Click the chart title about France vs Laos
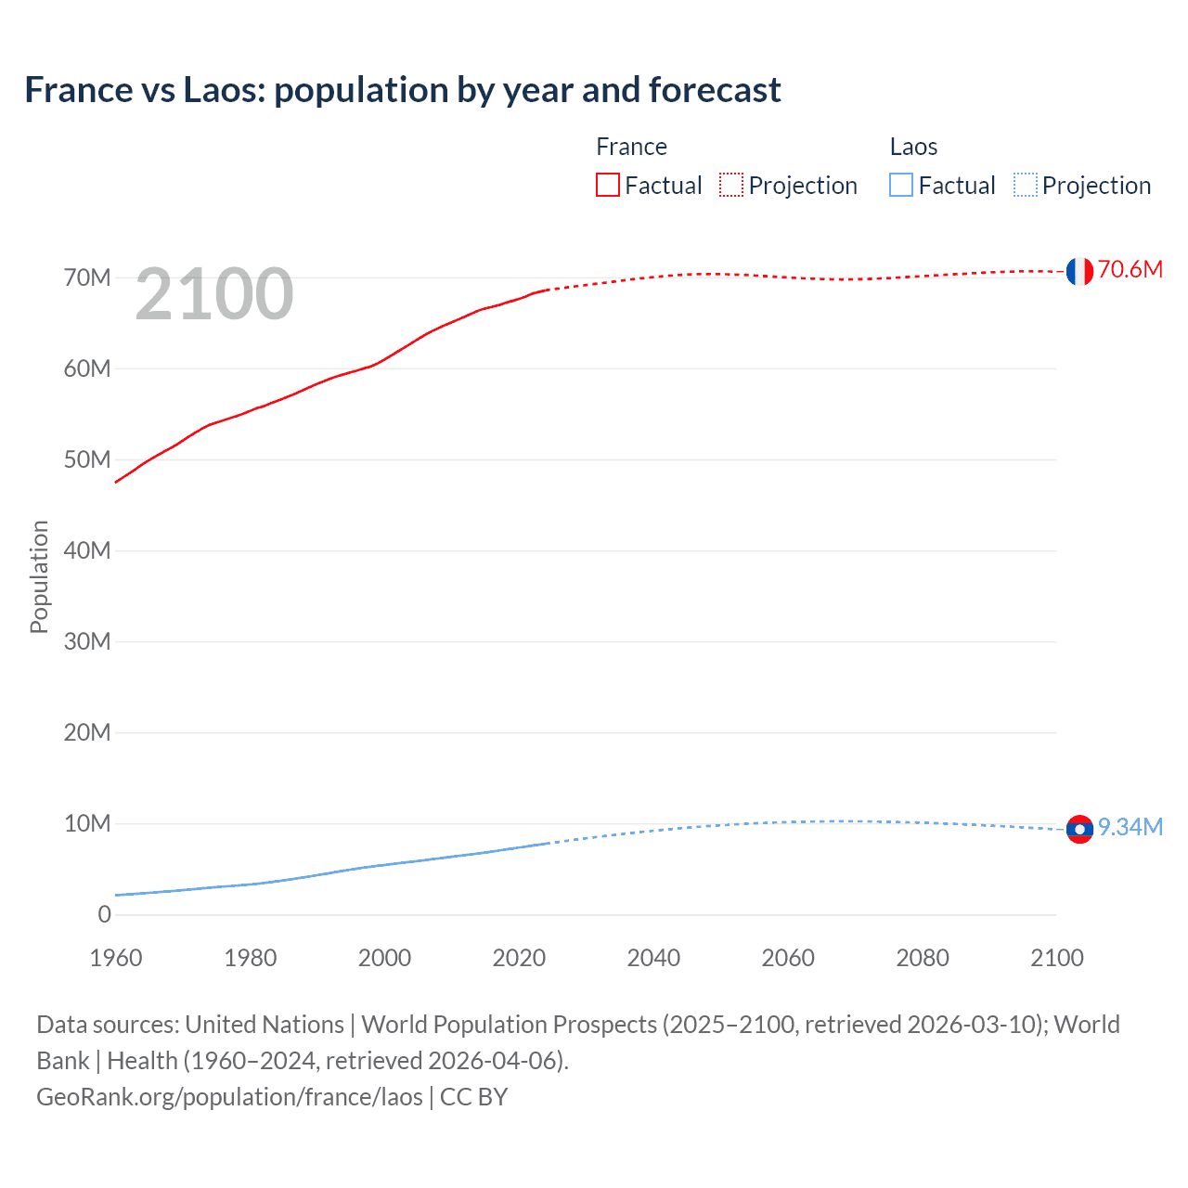click(x=402, y=90)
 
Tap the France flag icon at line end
click(x=1078, y=271)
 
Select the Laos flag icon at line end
click(x=1078, y=829)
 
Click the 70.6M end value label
click(x=1130, y=270)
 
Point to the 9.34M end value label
click(x=1130, y=827)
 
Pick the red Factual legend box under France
click(x=607, y=186)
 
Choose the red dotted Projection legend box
click(x=731, y=186)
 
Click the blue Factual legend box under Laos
click(x=900, y=186)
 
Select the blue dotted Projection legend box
click(x=1025, y=186)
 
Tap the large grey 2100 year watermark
click(x=214, y=294)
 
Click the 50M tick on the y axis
click(x=87, y=460)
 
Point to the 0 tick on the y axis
click(x=104, y=915)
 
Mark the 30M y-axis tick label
click(x=87, y=642)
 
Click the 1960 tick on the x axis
click(x=116, y=958)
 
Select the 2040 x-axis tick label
click(x=653, y=958)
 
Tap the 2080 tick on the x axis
click(x=923, y=958)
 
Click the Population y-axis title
click(x=39, y=576)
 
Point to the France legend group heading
click(x=631, y=147)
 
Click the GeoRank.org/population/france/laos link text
click(x=229, y=1097)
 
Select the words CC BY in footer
click(x=473, y=1097)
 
